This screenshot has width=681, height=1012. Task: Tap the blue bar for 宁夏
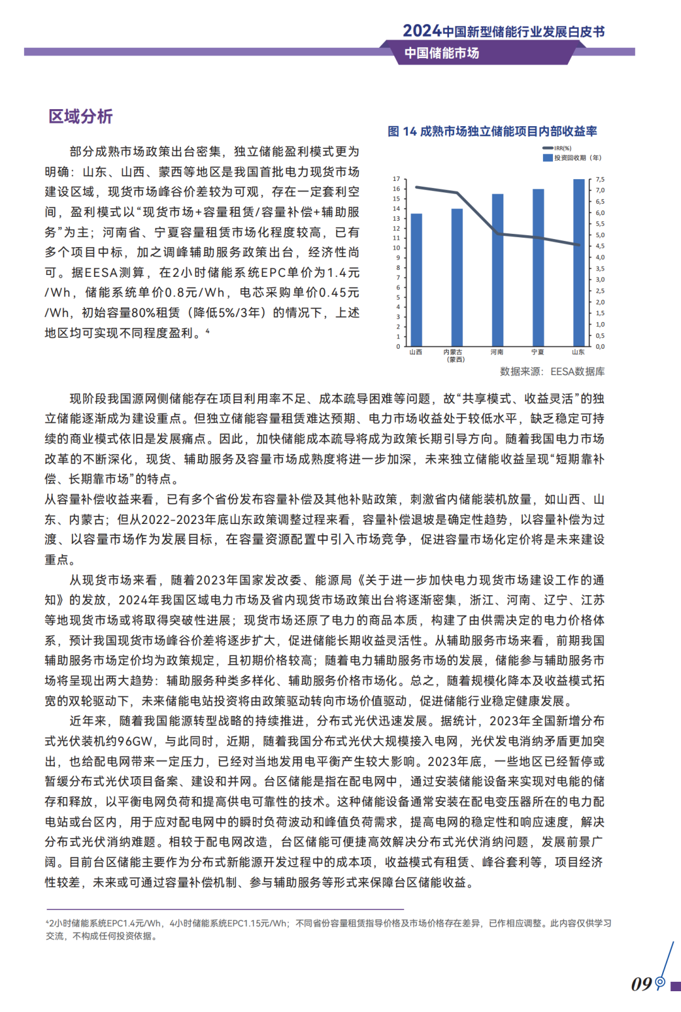click(538, 267)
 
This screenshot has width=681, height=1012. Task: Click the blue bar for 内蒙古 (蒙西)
click(457, 277)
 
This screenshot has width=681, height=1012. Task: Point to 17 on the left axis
click(397, 179)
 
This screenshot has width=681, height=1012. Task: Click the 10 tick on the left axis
click(397, 248)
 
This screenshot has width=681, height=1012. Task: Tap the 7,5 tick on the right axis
click(600, 180)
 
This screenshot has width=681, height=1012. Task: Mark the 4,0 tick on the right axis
click(600, 257)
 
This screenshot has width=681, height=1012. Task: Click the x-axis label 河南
click(497, 352)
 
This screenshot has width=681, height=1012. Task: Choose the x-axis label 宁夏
click(537, 352)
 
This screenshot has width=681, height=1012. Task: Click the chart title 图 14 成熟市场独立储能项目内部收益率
click(492, 131)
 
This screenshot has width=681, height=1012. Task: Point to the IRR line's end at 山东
click(578, 245)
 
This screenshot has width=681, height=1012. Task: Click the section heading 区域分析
click(81, 117)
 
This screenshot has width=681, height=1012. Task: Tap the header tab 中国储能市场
click(441, 53)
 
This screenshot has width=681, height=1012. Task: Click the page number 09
click(641, 984)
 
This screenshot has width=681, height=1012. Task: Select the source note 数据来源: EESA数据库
click(552, 371)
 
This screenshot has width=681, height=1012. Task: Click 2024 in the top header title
click(421, 31)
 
